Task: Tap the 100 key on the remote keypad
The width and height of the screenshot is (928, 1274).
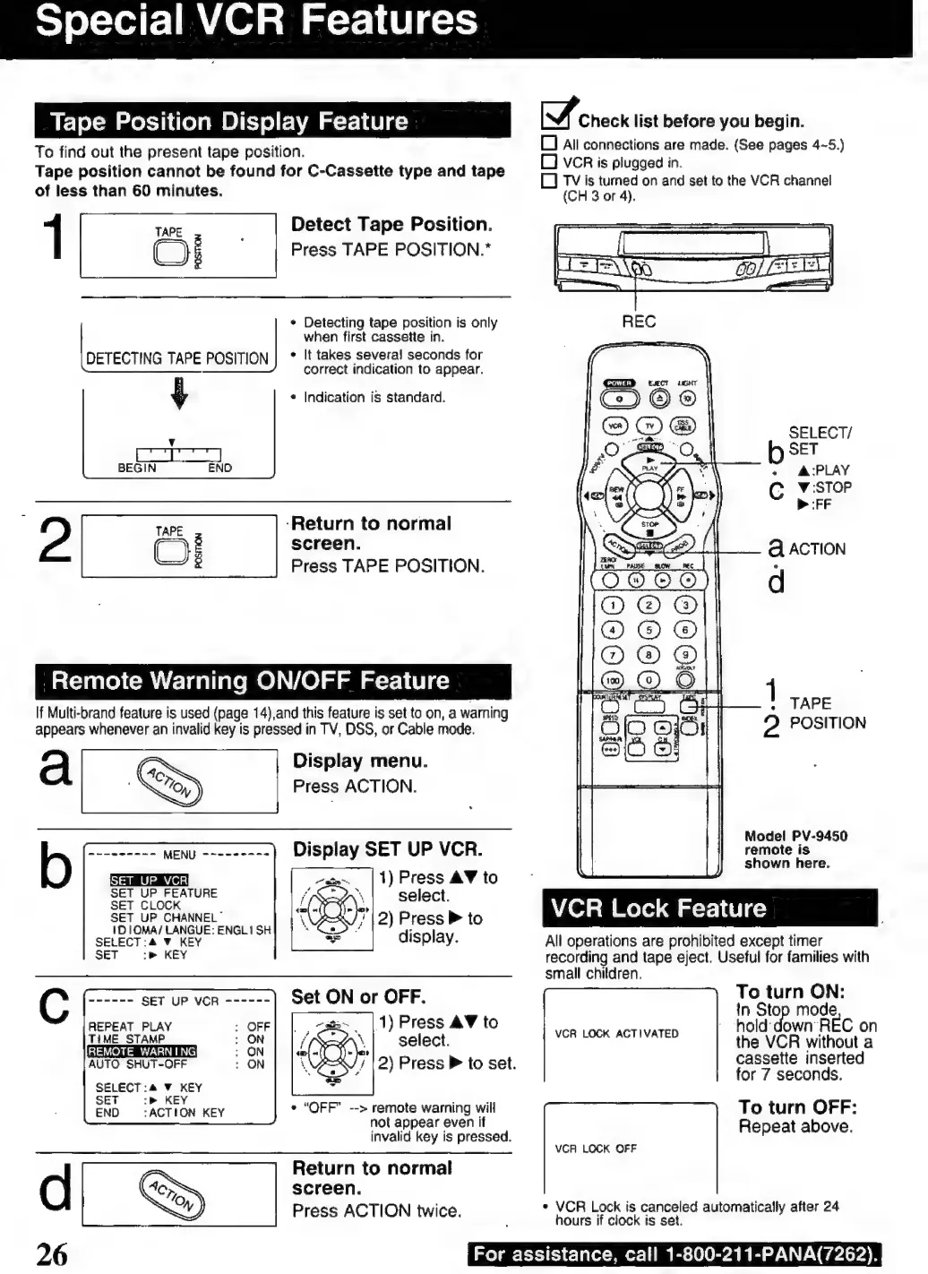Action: (x=613, y=681)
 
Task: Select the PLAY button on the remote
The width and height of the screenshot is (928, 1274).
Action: (x=650, y=461)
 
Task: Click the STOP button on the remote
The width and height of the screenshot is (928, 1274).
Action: (x=650, y=528)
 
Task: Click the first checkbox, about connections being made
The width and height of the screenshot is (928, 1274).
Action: (x=550, y=144)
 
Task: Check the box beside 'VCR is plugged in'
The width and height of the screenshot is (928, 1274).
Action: (x=550, y=162)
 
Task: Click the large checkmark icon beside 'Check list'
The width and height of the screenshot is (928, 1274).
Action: (x=558, y=115)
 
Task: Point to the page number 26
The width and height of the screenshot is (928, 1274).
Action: (x=52, y=1253)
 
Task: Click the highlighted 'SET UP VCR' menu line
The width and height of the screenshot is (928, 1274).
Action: (x=149, y=880)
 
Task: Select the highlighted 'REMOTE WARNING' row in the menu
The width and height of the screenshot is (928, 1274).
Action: (x=142, y=1051)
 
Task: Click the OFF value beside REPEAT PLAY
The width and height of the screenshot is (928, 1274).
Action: (x=258, y=1026)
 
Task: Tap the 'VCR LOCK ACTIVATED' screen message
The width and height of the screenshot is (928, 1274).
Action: (x=616, y=1033)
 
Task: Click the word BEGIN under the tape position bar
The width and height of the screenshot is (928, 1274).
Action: (x=137, y=468)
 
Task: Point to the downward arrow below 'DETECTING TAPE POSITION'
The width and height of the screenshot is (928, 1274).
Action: (x=179, y=393)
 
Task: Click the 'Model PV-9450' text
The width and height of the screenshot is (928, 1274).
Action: (x=795, y=836)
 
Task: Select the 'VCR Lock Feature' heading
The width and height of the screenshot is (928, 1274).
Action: (x=658, y=908)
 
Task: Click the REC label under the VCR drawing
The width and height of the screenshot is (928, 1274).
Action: (x=639, y=321)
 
